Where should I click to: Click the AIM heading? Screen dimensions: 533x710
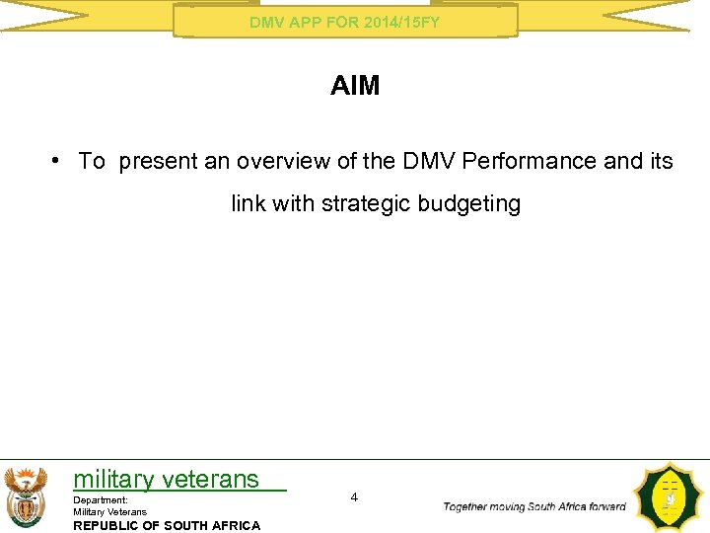(355, 86)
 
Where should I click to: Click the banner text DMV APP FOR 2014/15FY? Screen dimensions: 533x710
(345, 22)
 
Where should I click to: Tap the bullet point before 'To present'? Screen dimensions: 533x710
(59, 161)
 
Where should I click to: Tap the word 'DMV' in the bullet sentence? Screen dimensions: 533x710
(423, 161)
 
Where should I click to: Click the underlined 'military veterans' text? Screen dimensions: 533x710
(166, 480)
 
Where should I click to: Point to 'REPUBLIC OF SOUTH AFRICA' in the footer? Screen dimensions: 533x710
(167, 525)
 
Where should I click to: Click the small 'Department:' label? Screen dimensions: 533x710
(101, 500)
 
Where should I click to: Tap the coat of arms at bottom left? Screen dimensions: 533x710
(25, 496)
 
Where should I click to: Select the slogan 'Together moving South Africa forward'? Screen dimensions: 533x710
(534, 507)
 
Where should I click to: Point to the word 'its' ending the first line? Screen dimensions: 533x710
(661, 161)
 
